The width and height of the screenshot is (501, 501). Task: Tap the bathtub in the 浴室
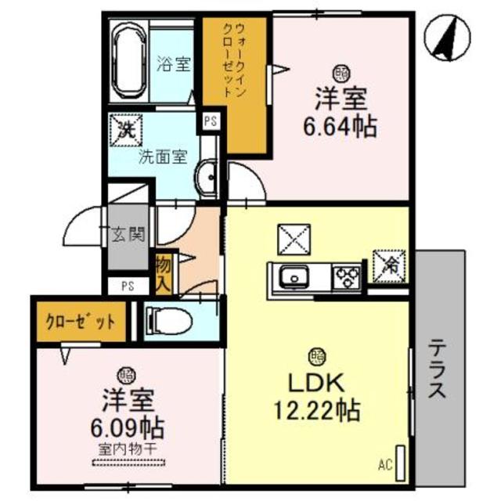[128, 63]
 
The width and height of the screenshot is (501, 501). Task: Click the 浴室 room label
[174, 64]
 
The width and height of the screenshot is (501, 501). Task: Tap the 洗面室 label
[162, 156]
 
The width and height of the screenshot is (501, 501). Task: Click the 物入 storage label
[163, 269]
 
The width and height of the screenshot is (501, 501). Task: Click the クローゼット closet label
[79, 322]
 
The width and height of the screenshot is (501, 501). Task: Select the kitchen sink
[297, 276]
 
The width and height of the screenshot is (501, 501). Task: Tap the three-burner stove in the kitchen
[346, 276]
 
